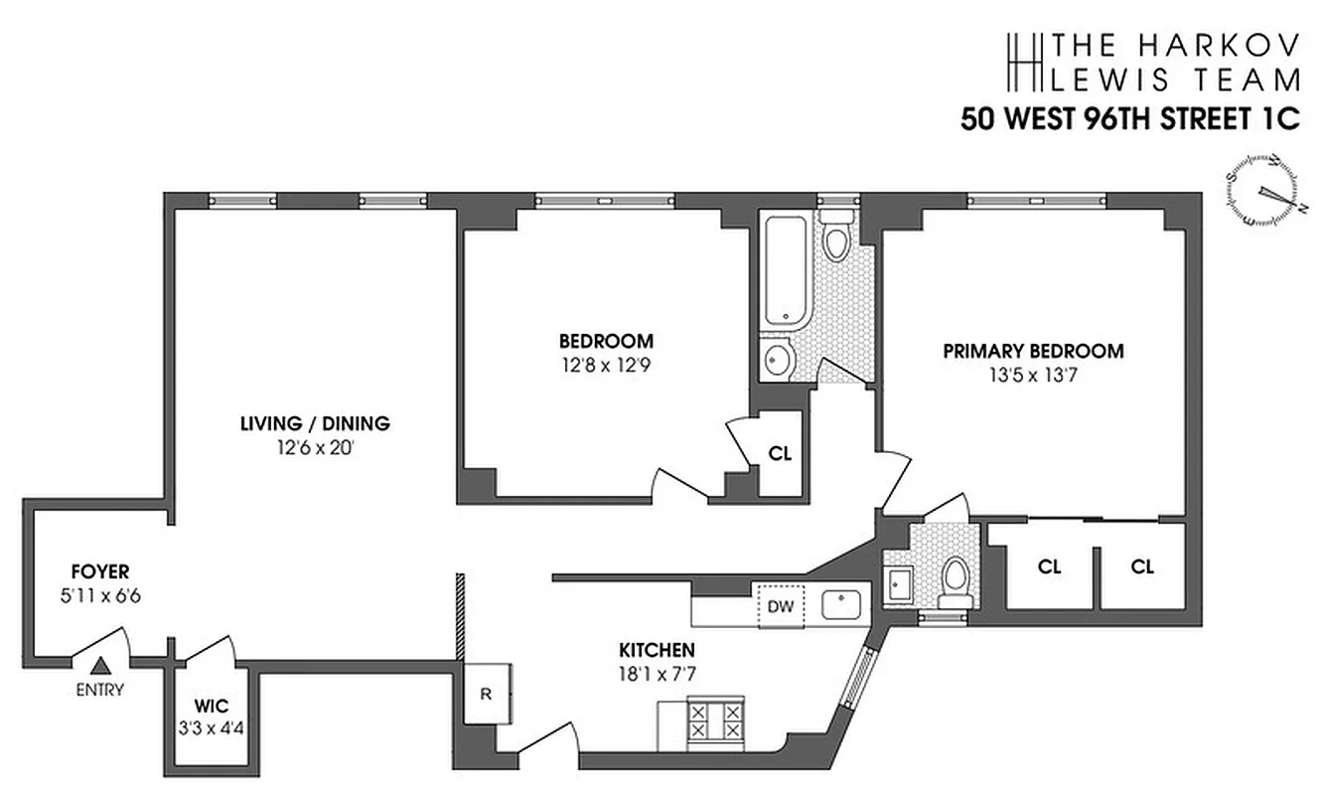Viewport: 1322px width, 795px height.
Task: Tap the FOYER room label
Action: pyautogui.click(x=100, y=571)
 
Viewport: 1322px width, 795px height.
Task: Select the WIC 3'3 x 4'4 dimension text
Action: pyautogui.click(x=212, y=727)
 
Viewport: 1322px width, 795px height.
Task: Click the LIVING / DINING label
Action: pyautogui.click(x=315, y=424)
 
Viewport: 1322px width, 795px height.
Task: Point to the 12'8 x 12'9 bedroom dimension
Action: pyautogui.click(x=605, y=364)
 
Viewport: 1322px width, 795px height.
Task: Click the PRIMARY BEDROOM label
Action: pyautogui.click(x=1033, y=351)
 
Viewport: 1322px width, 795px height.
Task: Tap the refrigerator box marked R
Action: pyautogui.click(x=487, y=694)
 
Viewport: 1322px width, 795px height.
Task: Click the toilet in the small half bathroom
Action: pyautogui.click(x=956, y=580)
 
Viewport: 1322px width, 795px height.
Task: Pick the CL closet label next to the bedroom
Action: pyautogui.click(x=781, y=453)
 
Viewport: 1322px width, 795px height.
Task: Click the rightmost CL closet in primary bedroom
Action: pyautogui.click(x=1142, y=566)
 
